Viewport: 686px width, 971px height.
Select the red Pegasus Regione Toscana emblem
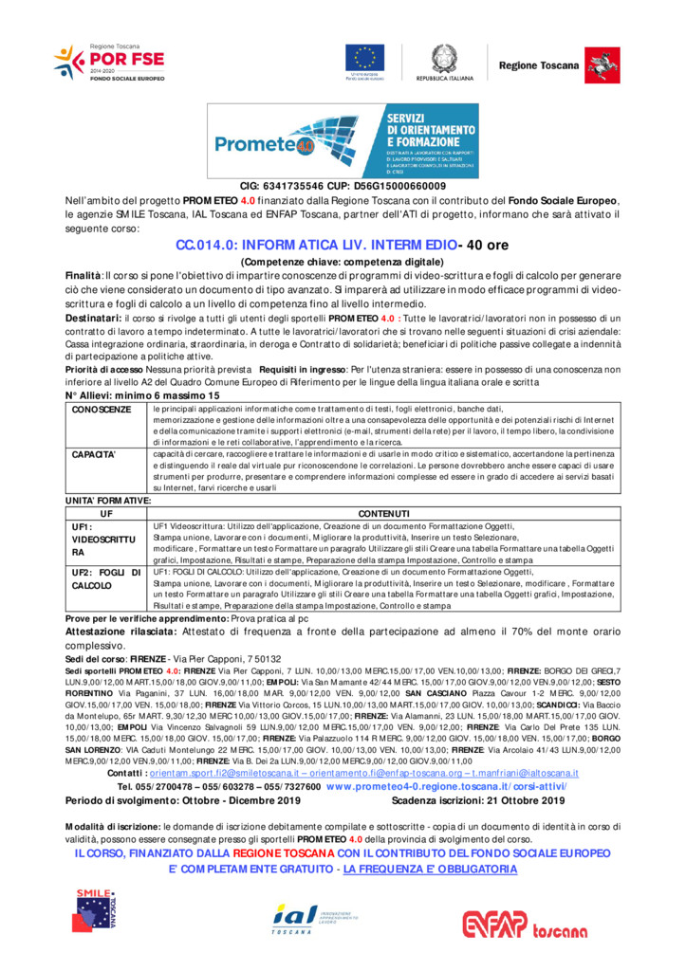tap(597, 63)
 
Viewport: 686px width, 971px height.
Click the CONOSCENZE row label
tap(102, 410)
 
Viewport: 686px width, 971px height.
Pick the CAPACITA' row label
tap(94, 455)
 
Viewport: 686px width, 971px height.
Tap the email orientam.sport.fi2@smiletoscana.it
tap(223, 775)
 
